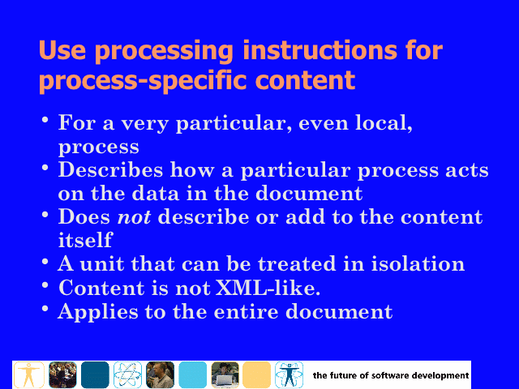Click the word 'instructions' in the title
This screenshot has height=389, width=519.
(x=320, y=50)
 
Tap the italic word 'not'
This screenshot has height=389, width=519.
(x=134, y=217)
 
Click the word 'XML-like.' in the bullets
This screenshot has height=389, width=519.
(x=268, y=288)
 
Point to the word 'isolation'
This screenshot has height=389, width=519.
(x=418, y=264)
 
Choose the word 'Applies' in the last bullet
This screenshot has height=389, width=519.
(x=98, y=312)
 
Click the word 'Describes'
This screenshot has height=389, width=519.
(x=110, y=170)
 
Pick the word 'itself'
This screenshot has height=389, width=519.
(x=85, y=240)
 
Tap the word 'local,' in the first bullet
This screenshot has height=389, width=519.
(x=384, y=123)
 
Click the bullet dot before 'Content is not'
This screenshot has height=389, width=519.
(x=45, y=284)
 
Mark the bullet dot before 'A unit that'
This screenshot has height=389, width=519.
(x=45, y=261)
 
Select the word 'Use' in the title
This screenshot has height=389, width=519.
(x=62, y=50)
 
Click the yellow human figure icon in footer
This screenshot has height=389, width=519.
(x=29, y=374)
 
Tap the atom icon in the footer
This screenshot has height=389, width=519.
(x=127, y=374)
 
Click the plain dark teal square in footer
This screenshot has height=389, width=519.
(x=95, y=374)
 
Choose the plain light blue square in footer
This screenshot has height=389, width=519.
(x=193, y=374)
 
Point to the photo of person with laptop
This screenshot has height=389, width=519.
(x=225, y=374)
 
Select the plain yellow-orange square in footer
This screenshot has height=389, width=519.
(x=257, y=374)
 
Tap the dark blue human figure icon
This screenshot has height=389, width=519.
(x=289, y=374)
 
